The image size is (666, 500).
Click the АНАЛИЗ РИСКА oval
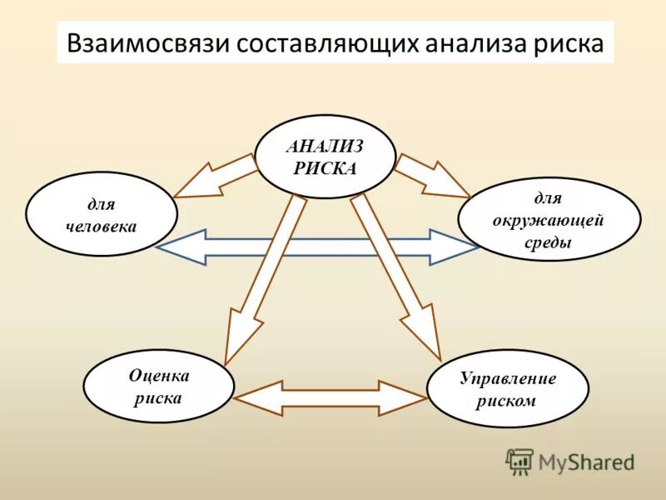pos(325,156)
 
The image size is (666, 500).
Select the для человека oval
pos(102,214)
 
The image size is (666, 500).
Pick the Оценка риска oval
pos(159,387)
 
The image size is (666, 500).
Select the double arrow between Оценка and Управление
pos(331,397)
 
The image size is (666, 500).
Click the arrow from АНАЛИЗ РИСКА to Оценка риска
pos(261,275)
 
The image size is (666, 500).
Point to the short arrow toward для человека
pos(216,176)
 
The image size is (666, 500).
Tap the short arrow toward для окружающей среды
pos(431,175)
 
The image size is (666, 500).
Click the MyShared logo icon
pos(519,461)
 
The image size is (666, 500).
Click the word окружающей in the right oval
pos(549,221)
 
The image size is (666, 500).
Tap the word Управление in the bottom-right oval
pos(507,378)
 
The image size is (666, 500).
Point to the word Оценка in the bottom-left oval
pos(159,376)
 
